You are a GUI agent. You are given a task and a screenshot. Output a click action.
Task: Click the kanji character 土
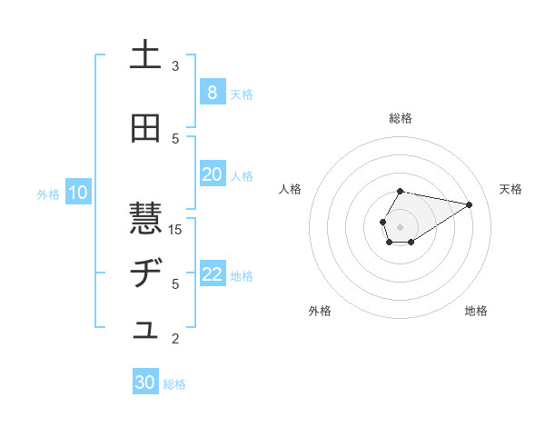(x=145, y=55)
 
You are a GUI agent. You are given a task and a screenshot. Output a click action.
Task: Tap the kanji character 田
(x=145, y=129)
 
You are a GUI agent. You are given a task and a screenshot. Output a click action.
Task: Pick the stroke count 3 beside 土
(x=175, y=65)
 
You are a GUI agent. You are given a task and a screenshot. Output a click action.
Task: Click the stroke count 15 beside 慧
(x=175, y=229)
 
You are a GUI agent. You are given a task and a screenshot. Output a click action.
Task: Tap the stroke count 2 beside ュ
(x=175, y=339)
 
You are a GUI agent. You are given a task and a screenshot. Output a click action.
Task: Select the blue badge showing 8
(x=212, y=93)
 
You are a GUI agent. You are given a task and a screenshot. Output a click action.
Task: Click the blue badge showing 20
(x=212, y=174)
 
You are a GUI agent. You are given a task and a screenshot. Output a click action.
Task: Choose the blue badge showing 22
(x=212, y=275)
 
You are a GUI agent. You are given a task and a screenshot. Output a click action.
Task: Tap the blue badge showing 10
(x=77, y=193)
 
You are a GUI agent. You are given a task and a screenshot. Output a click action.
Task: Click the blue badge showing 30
(x=145, y=383)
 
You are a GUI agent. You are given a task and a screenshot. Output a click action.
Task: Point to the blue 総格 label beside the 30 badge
(x=174, y=384)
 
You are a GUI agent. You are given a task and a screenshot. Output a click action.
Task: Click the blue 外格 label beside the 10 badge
(x=48, y=194)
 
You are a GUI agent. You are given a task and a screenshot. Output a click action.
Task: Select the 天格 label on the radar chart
(x=510, y=189)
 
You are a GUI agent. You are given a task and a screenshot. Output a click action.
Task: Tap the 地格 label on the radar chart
(x=476, y=311)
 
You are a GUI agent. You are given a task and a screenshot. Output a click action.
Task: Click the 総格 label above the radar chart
(x=401, y=118)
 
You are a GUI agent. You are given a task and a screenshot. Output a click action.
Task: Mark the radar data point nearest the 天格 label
(x=469, y=204)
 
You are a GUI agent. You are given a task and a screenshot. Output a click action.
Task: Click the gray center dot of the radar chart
(x=400, y=225)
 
